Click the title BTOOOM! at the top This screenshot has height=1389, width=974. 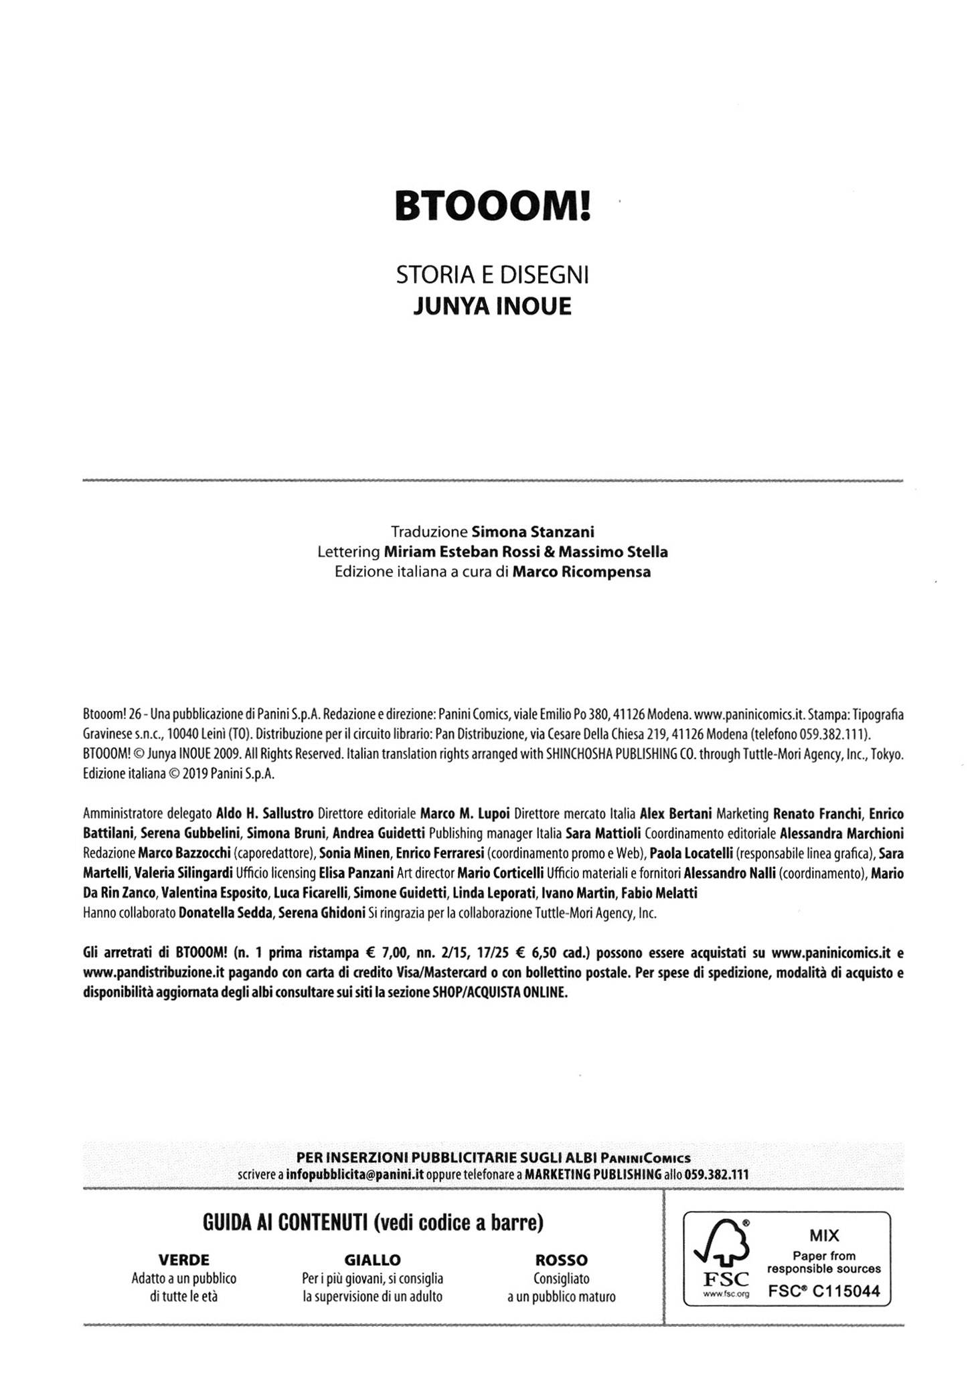493,206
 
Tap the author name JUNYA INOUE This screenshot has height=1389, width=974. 493,306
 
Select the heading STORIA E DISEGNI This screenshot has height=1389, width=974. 493,274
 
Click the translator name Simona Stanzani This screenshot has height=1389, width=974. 533,532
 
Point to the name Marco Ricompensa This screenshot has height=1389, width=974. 581,572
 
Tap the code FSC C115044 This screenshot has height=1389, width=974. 824,1292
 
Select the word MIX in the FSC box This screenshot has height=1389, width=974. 824,1235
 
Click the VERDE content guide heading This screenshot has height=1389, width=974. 183,1260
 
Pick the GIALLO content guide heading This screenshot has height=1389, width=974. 372,1260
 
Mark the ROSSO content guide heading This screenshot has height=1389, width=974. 561,1260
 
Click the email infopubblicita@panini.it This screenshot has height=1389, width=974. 355,1175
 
